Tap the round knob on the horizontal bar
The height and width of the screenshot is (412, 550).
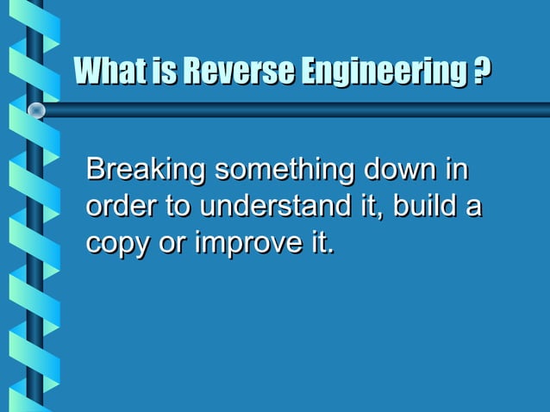[36, 109]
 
